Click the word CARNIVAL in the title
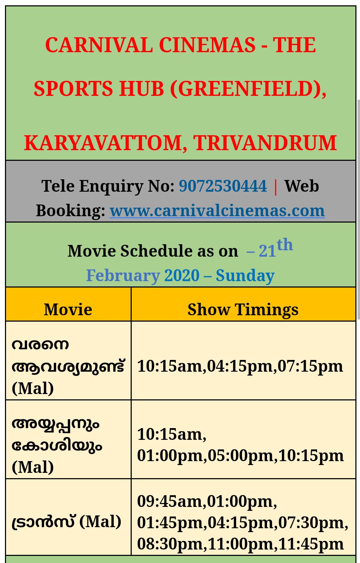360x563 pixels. click(99, 45)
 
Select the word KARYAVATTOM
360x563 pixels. click(105, 143)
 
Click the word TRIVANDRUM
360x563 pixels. click(265, 143)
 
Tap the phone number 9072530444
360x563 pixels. click(223, 186)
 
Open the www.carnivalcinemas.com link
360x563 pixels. click(217, 211)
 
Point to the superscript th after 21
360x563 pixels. click(285, 244)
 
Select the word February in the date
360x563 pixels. click(123, 276)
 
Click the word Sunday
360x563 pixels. click(245, 276)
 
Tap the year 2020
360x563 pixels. click(182, 275)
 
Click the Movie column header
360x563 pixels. click(68, 310)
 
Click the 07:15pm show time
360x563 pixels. click(310, 367)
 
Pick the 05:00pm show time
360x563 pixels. click(240, 456)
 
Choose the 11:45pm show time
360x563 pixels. click(311, 545)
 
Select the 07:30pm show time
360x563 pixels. click(311, 523)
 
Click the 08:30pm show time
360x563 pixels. click(170, 545)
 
